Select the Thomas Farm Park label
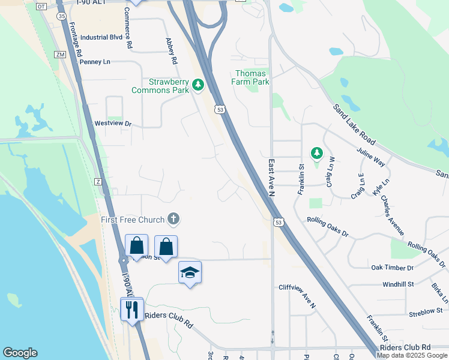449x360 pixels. (251, 77)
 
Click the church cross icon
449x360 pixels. (173, 218)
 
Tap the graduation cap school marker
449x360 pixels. (190, 272)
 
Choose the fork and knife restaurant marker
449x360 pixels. (132, 309)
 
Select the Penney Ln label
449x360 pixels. (95, 61)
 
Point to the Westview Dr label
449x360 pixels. (113, 124)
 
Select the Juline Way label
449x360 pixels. (370, 157)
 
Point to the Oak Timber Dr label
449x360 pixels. (393, 268)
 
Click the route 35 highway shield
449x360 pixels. (62, 16)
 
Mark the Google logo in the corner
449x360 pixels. (20, 353)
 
